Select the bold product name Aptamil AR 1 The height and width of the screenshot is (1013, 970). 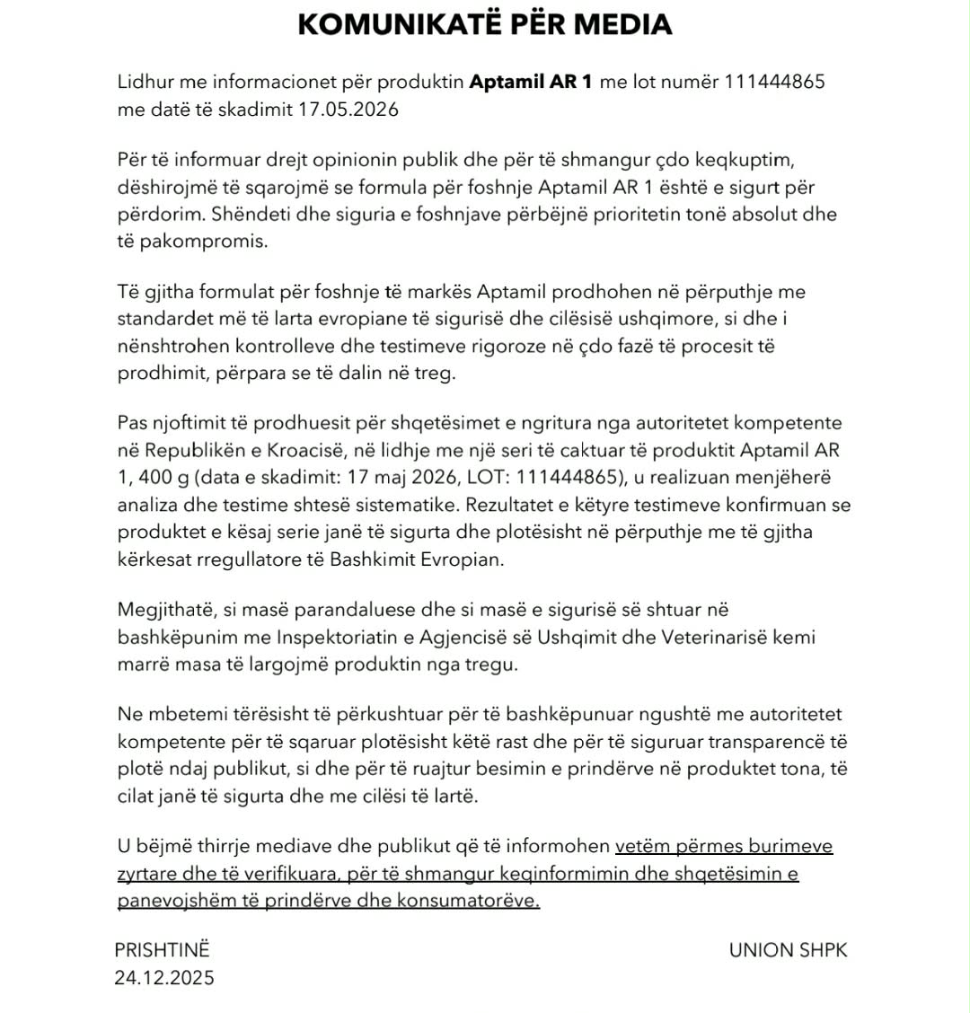pyautogui.click(x=532, y=83)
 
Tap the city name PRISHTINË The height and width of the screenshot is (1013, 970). pyautogui.click(x=162, y=950)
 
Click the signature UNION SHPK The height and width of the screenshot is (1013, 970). pyautogui.click(x=788, y=950)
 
